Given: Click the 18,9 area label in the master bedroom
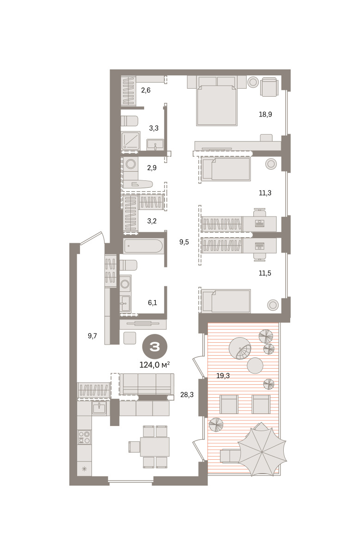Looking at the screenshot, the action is coord(265,114).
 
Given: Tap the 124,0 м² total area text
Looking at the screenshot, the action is coord(154,365).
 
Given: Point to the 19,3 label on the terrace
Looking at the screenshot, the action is coord(223,376).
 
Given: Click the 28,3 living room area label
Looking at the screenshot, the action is coord(187,395).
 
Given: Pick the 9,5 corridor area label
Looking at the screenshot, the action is coord(184,242).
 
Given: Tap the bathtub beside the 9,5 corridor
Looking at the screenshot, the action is coord(144,246).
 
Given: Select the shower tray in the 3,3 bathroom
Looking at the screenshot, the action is coord(130,141).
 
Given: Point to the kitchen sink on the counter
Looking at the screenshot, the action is coord(99,408).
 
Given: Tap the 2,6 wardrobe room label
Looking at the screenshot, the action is coord(146,90).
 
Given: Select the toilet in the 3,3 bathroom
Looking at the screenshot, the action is coord(129,121).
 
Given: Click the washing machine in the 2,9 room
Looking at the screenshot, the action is coord(130,164).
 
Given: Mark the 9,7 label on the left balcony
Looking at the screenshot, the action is coord(92,336).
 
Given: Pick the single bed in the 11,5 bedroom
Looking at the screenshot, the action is coord(226,301).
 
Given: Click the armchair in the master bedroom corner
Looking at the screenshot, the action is coord(269,86).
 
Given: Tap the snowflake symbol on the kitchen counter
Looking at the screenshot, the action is coord(84,469).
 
